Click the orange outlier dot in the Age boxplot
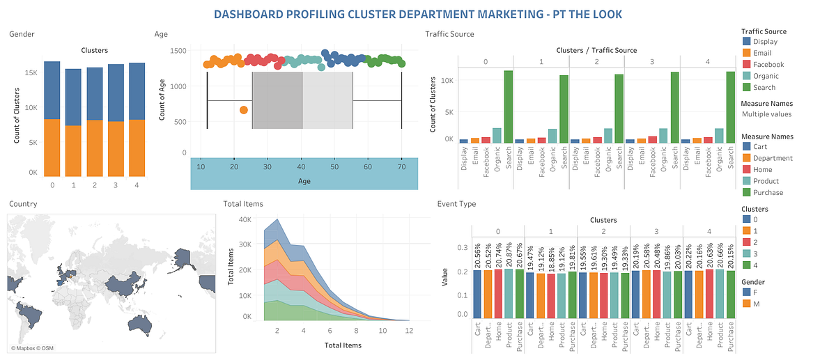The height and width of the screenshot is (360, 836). point(244,110)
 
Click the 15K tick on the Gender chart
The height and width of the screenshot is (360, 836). point(31,72)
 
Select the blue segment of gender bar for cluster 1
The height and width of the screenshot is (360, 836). point(73,97)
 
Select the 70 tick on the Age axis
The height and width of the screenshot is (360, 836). point(402,167)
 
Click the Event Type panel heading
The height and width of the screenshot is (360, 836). point(456,204)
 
